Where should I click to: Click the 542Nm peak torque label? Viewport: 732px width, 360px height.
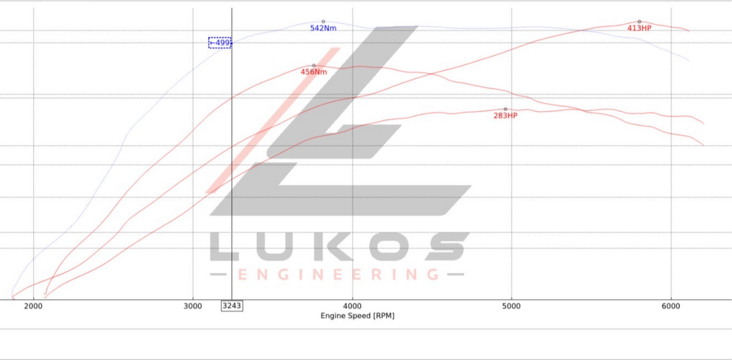[x=323, y=28]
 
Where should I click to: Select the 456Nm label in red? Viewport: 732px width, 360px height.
[x=314, y=72]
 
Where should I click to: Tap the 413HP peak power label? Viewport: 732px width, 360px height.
[x=639, y=28]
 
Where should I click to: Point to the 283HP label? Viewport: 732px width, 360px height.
[x=505, y=116]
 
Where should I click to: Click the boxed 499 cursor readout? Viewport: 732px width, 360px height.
[x=220, y=43]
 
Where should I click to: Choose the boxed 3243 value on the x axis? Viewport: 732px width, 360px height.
[x=232, y=306]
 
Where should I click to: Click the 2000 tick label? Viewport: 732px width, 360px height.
[x=33, y=306]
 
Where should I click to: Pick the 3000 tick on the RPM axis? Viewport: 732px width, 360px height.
[x=192, y=306]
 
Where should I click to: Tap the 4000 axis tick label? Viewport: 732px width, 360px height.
[x=352, y=306]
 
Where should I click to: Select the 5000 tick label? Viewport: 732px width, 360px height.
[x=511, y=306]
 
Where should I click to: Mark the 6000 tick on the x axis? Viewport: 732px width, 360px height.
[x=670, y=306]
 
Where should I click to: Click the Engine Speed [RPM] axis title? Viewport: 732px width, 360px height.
[x=357, y=316]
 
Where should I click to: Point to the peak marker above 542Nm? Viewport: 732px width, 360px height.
[x=323, y=22]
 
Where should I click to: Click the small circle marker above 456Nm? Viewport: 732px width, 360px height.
[x=314, y=65]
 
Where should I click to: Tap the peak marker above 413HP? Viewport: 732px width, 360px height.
[x=639, y=22]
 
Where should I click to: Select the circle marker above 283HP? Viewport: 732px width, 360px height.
[x=505, y=109]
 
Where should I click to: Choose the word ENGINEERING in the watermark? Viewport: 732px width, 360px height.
[x=338, y=275]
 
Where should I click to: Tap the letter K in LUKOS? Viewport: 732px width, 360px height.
[x=338, y=247]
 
